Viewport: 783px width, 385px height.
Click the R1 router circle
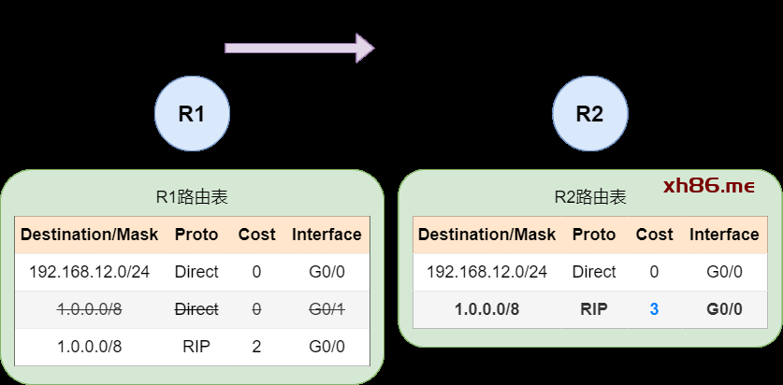tap(192, 114)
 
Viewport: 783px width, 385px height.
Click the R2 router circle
tap(589, 114)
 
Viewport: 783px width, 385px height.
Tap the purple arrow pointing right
tap(299, 48)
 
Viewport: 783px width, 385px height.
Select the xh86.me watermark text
tap(708, 186)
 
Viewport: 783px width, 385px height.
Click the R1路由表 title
tap(192, 197)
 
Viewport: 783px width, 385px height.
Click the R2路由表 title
tap(589, 197)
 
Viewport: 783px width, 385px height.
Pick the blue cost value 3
tap(654, 308)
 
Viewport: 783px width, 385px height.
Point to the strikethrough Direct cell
tap(196, 308)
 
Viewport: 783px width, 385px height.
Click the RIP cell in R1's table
tap(196, 346)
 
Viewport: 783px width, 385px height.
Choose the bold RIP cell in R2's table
tap(594, 308)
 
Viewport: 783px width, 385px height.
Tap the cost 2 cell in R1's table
tap(256, 346)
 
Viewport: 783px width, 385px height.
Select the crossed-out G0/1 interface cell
tap(326, 308)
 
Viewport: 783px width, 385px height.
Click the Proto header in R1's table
tap(196, 235)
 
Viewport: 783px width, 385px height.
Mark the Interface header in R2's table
tap(724, 235)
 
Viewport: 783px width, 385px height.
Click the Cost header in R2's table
tap(654, 235)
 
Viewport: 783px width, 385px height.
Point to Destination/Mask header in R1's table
tap(90, 235)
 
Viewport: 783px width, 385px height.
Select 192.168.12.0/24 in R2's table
tap(486, 272)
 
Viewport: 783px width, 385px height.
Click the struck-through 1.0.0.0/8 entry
tap(90, 308)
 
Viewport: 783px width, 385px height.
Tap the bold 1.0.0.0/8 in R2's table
tap(486, 308)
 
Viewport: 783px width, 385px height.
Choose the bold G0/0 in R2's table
tap(724, 308)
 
